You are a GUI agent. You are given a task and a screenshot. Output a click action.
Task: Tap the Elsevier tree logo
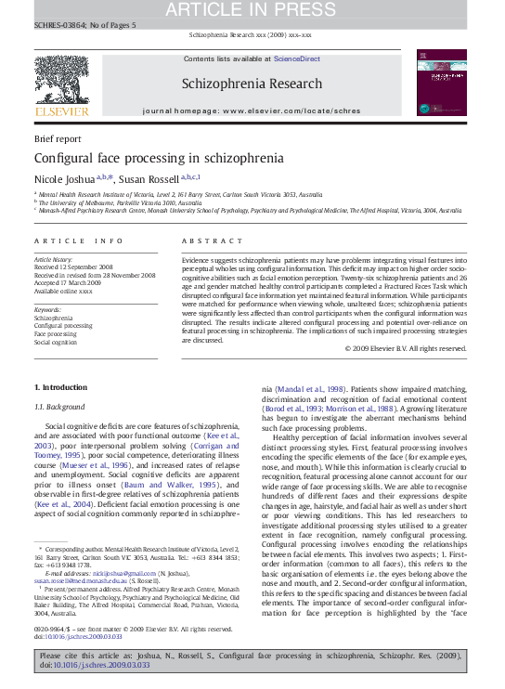click(61, 78)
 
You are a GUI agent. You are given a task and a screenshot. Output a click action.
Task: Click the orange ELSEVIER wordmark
click(61, 111)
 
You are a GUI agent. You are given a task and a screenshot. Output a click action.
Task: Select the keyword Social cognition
click(57, 342)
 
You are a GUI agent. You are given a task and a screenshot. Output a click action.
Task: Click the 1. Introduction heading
click(60, 386)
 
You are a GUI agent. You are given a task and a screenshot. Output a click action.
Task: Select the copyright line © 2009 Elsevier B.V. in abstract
click(406, 348)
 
